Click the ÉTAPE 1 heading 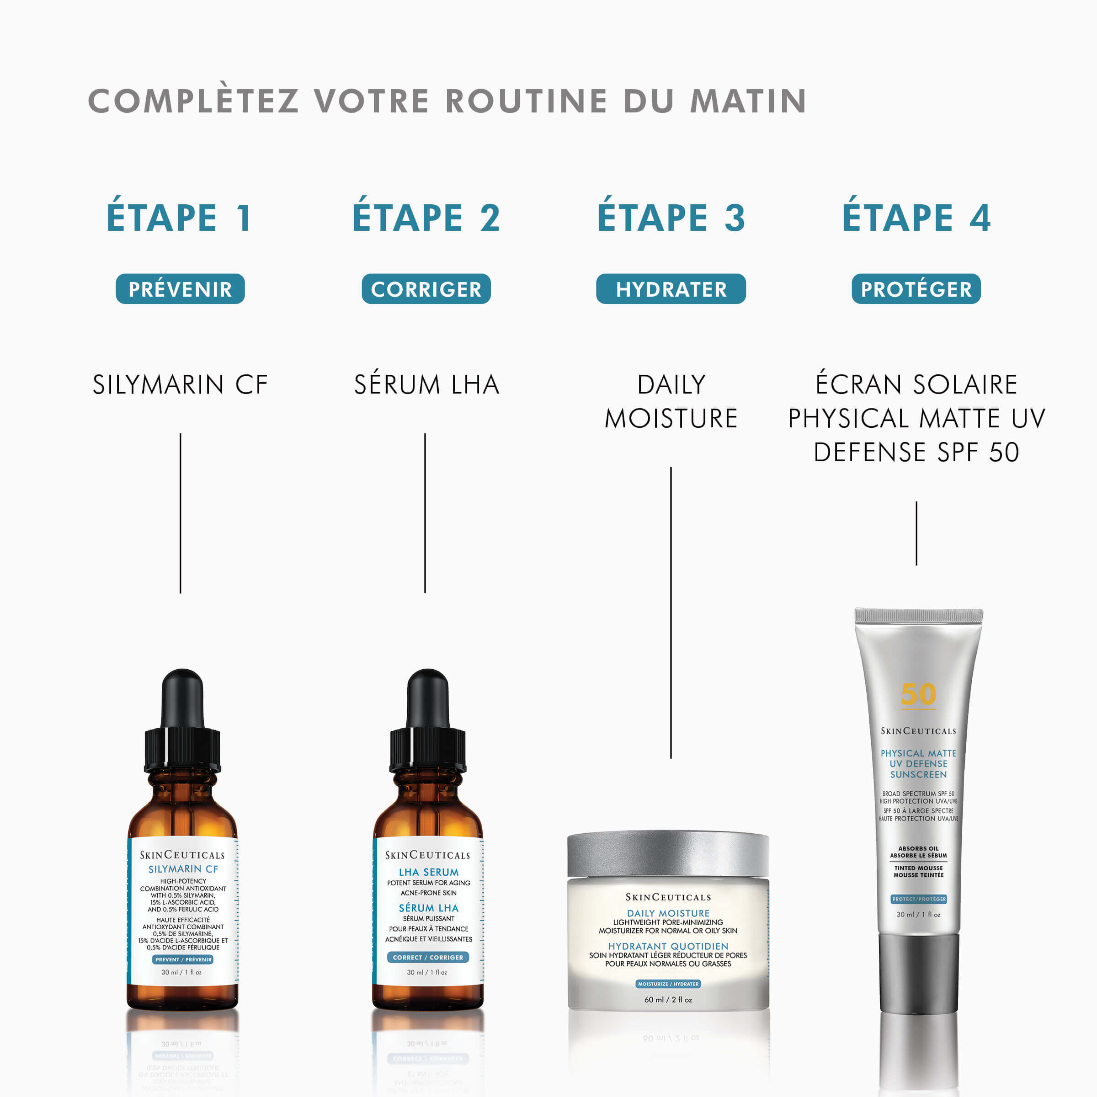coord(178,218)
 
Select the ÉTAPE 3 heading coord(671,218)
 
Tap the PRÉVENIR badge coord(180,289)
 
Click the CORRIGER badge coord(426,289)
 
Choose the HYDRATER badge coord(671,289)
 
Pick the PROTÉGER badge coord(916,289)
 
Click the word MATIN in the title coord(748,101)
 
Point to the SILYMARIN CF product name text coord(180,384)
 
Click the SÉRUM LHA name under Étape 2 coord(426,384)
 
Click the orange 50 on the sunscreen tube coord(918,694)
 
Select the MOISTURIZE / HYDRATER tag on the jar coord(668,984)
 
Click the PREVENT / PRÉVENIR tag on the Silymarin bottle coord(183,959)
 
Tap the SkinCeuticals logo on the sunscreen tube coord(918,731)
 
